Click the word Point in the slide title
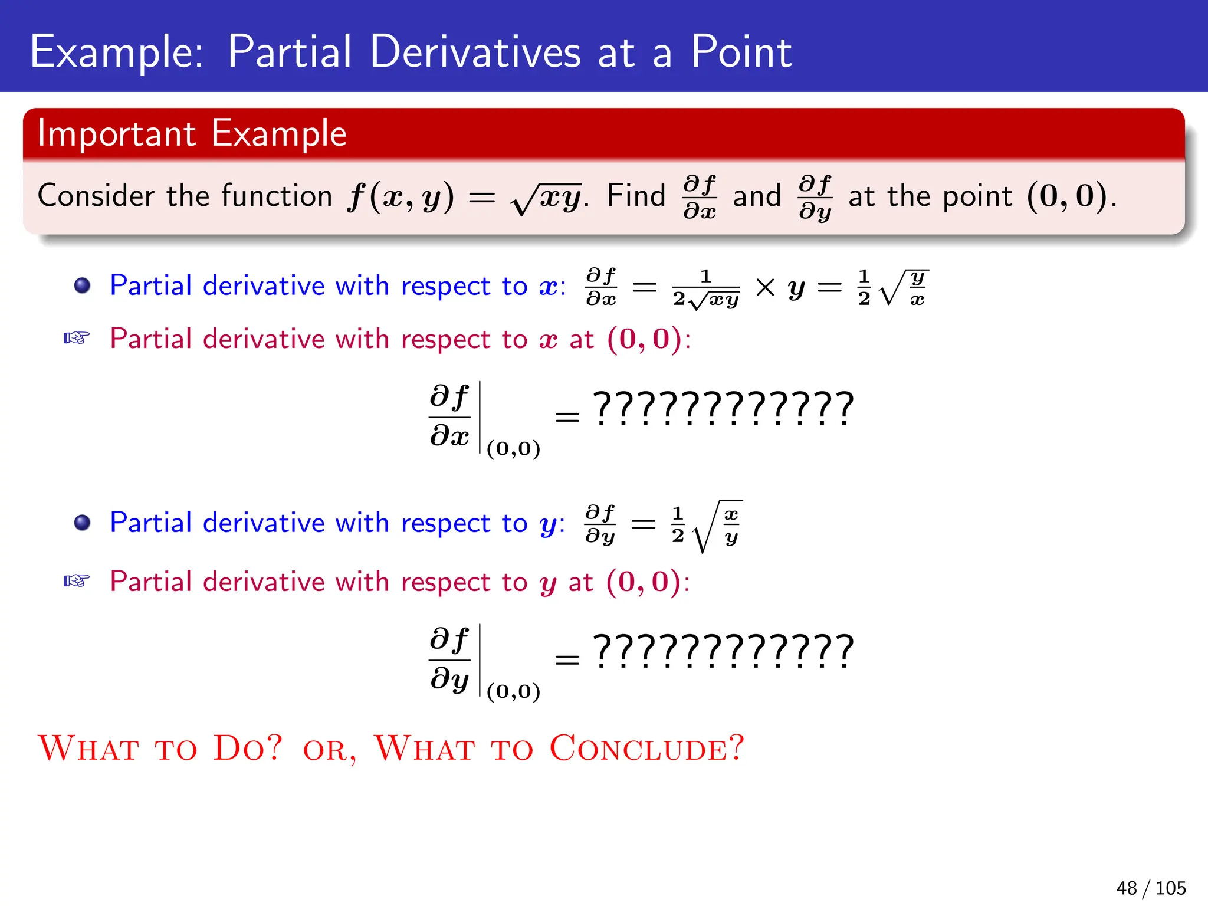[741, 52]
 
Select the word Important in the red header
[116, 133]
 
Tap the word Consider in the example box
[97, 196]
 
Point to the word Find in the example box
[636, 196]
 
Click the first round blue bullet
[82, 286]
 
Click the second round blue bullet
[82, 523]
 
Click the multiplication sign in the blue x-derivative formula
[765, 287]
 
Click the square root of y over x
[904, 288]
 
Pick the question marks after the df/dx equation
[723, 409]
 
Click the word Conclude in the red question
[646, 748]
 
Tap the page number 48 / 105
[1150, 888]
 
